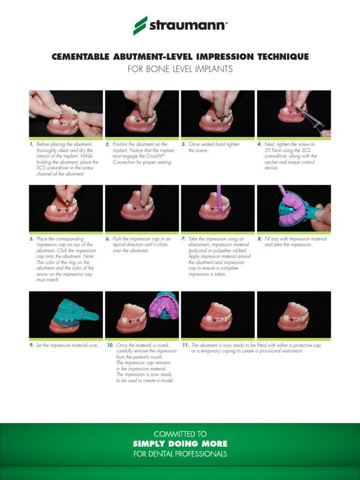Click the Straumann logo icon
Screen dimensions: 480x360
[x=140, y=26]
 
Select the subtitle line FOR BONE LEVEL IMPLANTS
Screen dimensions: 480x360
[x=180, y=69]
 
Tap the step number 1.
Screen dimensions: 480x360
[x=31, y=144]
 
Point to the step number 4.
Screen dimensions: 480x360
[x=259, y=144]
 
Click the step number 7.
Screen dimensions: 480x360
[x=183, y=239]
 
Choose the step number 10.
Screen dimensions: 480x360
[x=110, y=345]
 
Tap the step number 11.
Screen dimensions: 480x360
[x=186, y=345]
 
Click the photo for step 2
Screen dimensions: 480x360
[x=142, y=113]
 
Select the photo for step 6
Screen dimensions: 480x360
[x=142, y=209]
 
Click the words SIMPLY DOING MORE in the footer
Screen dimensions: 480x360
[x=180, y=443]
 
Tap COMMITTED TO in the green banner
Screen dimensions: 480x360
[x=180, y=434]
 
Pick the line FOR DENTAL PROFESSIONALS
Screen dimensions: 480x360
[x=180, y=454]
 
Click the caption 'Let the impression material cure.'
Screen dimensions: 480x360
[x=67, y=345]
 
